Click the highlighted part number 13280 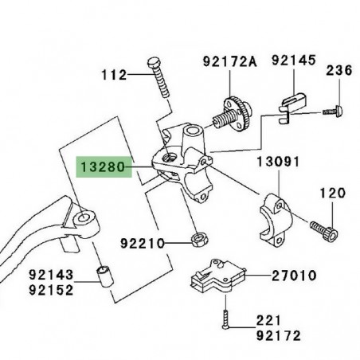pos(101,168)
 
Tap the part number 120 pos(334,194)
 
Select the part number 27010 pos(292,276)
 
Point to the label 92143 pos(52,275)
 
